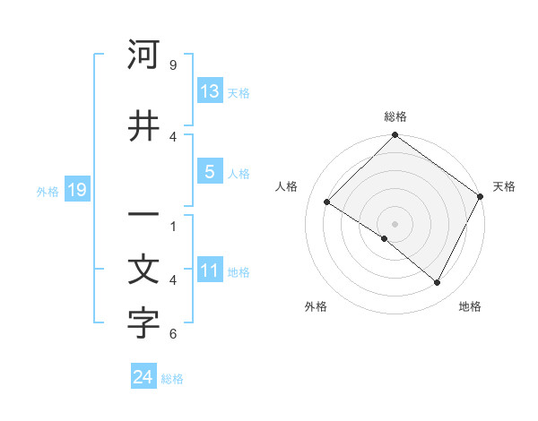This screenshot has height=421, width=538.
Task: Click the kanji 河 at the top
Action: point(143,56)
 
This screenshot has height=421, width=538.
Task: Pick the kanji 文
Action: point(143,271)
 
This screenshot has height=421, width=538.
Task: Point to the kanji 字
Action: point(143,324)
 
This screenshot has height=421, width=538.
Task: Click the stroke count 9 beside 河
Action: point(173,65)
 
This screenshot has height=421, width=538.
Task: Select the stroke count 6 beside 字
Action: point(173,334)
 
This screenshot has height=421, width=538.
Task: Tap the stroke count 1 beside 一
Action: point(173,226)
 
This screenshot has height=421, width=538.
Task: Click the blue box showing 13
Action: point(210,91)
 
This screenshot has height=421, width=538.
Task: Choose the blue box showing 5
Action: point(210,173)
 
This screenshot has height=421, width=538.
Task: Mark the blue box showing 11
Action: point(210,271)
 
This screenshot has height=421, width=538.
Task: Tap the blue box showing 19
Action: point(76,190)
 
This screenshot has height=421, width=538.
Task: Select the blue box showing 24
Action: point(143,377)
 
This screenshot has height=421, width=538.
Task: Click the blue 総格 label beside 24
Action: point(172,379)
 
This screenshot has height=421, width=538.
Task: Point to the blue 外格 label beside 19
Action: point(48,191)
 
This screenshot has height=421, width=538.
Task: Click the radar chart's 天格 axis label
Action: point(504,186)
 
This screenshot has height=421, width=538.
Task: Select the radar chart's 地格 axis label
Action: point(470,306)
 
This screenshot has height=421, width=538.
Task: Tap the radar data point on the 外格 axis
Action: point(385,239)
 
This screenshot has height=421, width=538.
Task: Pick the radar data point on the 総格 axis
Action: point(395,136)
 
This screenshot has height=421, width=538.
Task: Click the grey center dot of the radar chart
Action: point(395,223)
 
